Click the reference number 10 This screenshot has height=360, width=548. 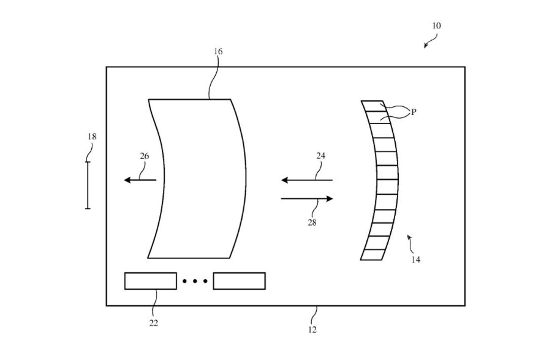coord(436,25)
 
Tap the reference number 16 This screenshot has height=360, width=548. coord(218,52)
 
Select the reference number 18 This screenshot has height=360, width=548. coord(92,136)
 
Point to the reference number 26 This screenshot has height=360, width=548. coord(144,156)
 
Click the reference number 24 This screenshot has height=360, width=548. coord(321,156)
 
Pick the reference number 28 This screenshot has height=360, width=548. coord(312,223)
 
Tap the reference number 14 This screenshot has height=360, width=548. coord(416,260)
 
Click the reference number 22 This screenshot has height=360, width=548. coord(154,323)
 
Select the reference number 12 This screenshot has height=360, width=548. coord(313,329)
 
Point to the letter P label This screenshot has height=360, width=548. coord(414,112)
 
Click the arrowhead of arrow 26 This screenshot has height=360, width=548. coord(128,180)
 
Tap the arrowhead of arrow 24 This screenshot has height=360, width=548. coord(285,180)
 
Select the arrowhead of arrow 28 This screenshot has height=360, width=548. coord(329,199)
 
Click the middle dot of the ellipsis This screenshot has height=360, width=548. coord(195,281)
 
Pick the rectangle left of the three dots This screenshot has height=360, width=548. coord(151,281)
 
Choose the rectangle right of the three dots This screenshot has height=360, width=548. coord(239,281)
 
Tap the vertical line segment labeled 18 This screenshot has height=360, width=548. coord(88,185)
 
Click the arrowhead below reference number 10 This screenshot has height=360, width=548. coord(426,46)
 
